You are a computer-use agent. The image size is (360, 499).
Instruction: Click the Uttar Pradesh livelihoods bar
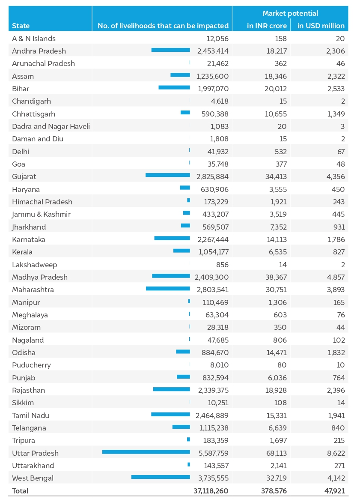coord(146,452)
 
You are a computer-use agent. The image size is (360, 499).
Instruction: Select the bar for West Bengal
coord(161,477)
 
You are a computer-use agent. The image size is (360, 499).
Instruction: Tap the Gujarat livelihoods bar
coord(168,175)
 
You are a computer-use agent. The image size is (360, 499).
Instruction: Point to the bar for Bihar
coord(174,87)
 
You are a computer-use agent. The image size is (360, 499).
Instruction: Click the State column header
coord(21,26)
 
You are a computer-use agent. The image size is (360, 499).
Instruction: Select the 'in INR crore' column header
coord(267,26)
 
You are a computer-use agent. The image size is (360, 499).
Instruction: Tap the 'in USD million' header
coord(321,26)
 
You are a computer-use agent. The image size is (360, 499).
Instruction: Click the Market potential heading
coord(290,13)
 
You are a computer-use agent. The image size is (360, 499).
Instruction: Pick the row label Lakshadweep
coord(34,265)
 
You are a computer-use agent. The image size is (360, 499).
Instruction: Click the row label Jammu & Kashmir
coord(42,215)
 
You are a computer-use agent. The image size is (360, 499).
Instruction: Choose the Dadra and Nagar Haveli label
coord(51,126)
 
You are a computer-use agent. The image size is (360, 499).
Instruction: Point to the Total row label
coord(20,491)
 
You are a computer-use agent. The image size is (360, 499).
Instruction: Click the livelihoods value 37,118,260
coord(211,491)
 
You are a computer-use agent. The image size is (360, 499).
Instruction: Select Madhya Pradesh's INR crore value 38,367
coord(276,277)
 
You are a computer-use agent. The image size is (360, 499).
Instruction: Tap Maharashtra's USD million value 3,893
coord(336,290)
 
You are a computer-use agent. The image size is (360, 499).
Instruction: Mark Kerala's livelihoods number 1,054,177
coord(214,252)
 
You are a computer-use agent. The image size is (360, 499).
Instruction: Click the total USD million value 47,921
coord(335,491)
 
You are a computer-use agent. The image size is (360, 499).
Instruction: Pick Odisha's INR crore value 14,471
coord(277,353)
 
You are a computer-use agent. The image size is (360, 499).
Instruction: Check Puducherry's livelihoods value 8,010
coord(220,365)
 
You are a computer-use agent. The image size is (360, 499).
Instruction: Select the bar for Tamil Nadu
coord(170,414)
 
